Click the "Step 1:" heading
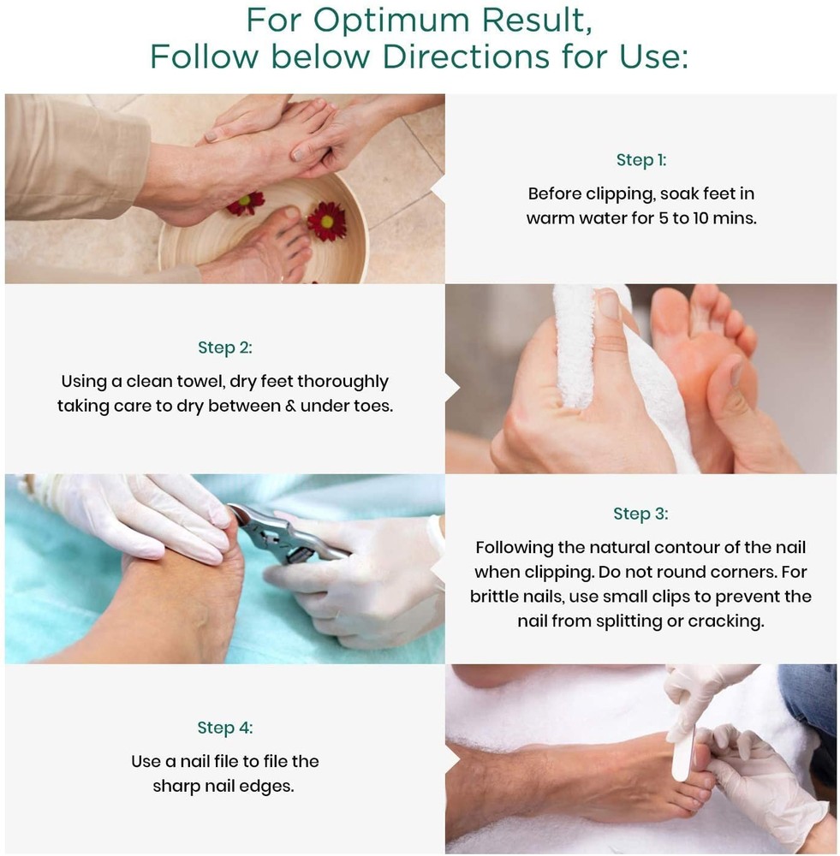(x=641, y=160)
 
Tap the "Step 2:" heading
(x=225, y=348)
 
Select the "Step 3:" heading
(x=640, y=514)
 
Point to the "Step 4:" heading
(x=225, y=728)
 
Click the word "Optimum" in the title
(x=391, y=21)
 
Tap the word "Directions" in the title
(x=466, y=56)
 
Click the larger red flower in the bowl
(x=326, y=221)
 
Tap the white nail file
(x=684, y=747)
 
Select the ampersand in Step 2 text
(x=290, y=406)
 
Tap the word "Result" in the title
(x=536, y=21)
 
